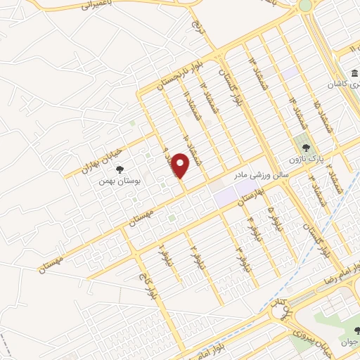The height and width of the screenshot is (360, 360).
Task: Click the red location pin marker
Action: (181, 166)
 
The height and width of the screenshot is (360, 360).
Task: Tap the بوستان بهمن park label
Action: (116, 181)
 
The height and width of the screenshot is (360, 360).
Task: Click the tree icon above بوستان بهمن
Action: (120, 169)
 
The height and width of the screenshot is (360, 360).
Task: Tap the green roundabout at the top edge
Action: (305, 6)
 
